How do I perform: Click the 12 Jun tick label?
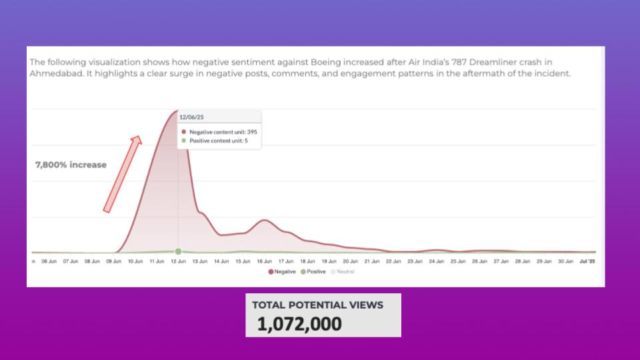point(178,261)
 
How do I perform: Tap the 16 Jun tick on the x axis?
point(264,261)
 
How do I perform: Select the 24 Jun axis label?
point(437,261)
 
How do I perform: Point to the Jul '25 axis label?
point(587,261)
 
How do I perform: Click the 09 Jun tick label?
point(113,261)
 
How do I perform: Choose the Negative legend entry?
point(283,272)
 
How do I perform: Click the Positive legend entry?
point(314,272)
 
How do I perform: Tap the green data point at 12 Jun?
point(178,251)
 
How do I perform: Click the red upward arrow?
point(123,173)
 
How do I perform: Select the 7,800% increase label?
point(71,165)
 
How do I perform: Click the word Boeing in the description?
point(327,63)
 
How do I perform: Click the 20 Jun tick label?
point(351,261)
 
